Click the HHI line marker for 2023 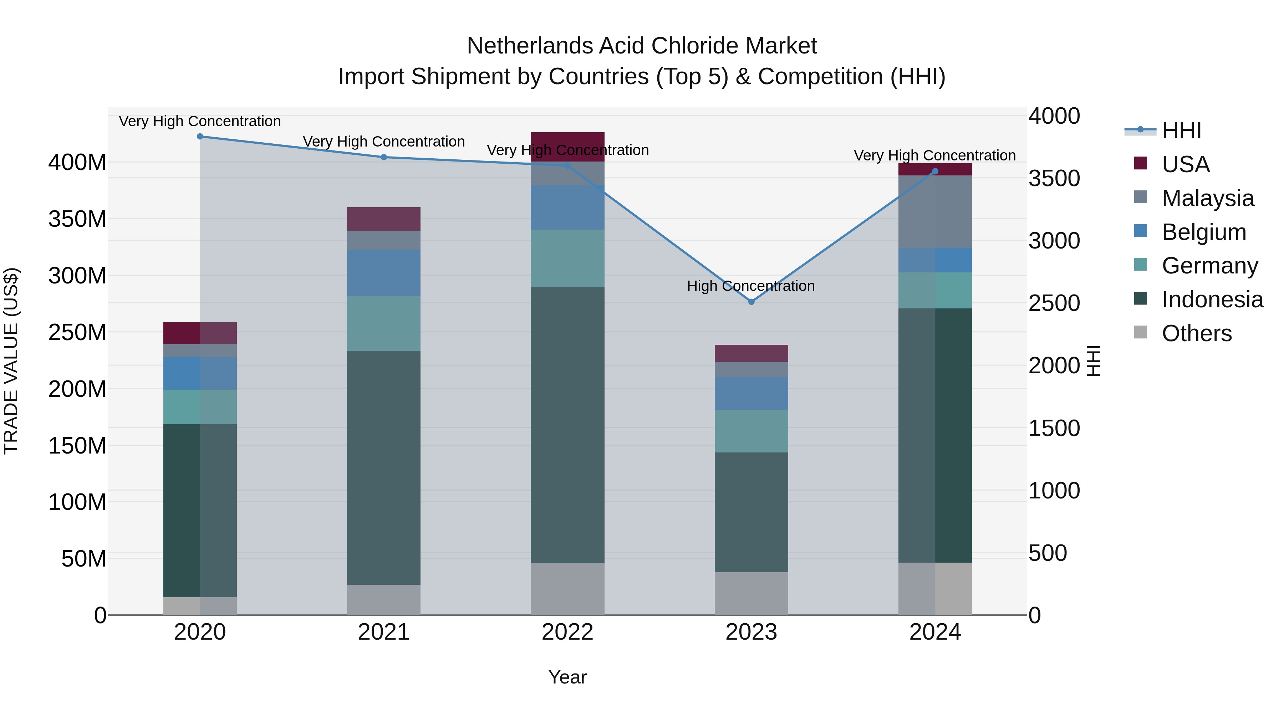[x=751, y=301]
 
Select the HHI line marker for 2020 [x=200, y=137]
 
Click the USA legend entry [x=1185, y=164]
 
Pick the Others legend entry [x=1196, y=333]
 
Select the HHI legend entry [x=1181, y=130]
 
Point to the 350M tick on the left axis [x=77, y=219]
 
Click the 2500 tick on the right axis [x=1054, y=303]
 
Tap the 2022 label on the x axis [x=567, y=632]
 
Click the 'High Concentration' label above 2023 [x=751, y=286]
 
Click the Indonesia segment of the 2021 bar [x=383, y=467]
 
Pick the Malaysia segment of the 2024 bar [x=935, y=211]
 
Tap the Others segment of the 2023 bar [x=751, y=593]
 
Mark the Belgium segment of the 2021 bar [x=383, y=272]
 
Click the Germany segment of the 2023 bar [x=751, y=431]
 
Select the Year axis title [x=567, y=677]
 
